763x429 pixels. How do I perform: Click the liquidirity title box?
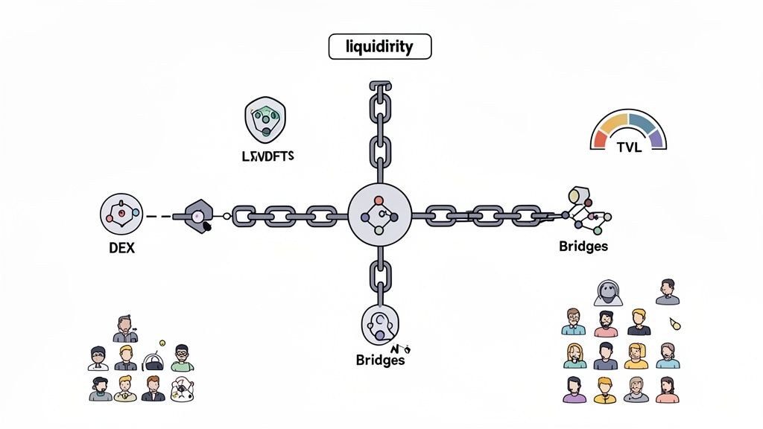(380, 47)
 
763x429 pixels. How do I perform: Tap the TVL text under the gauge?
(630, 147)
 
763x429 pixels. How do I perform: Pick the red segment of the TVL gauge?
(602, 138)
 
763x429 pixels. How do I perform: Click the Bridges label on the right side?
(583, 246)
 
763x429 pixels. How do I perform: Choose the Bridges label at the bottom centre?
(380, 360)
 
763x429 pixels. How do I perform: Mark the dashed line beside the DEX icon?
(158, 217)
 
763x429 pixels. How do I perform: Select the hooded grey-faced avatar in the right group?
(605, 293)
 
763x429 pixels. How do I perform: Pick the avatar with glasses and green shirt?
(181, 357)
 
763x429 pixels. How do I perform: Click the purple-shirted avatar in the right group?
(574, 389)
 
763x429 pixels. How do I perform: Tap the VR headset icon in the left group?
(152, 360)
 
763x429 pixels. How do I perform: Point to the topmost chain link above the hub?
(380, 93)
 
